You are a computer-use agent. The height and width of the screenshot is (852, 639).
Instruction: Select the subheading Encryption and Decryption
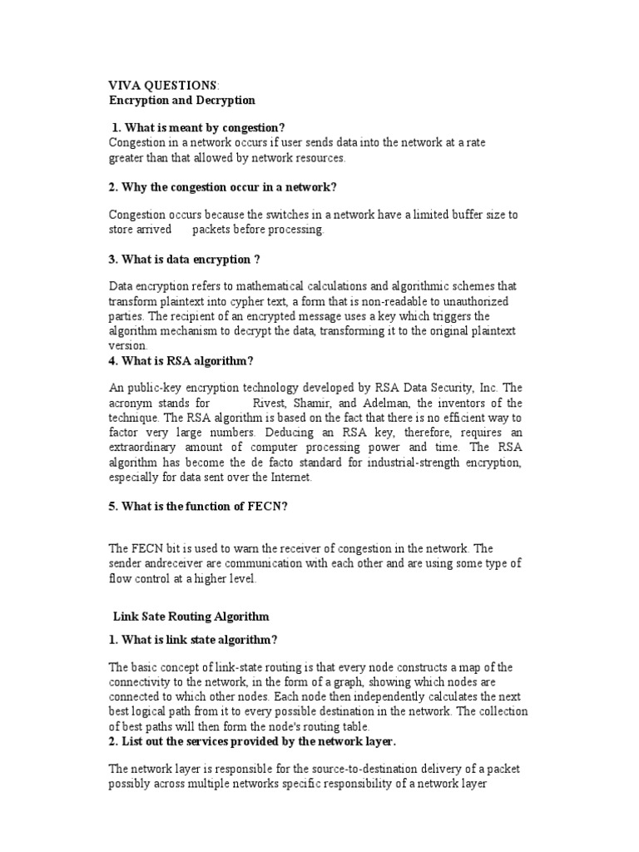pos(183,100)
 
